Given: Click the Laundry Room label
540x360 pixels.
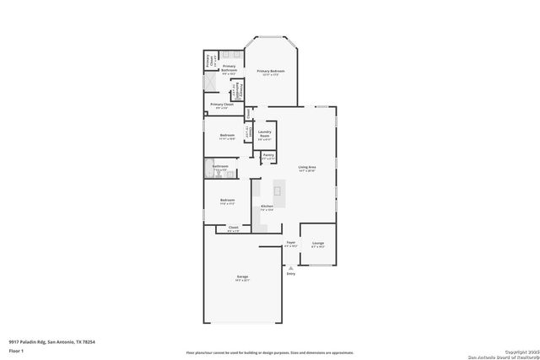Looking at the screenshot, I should [265, 133].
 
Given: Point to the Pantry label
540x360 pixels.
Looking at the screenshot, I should [267, 155].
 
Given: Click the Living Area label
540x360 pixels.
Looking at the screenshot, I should [307, 168].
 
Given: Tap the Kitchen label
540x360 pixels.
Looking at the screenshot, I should [267, 206].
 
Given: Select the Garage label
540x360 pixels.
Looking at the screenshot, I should [242, 277].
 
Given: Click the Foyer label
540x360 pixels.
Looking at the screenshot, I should [290, 242].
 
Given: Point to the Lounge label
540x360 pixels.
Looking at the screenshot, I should [317, 243].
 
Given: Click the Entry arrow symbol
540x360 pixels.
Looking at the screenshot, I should [291, 267].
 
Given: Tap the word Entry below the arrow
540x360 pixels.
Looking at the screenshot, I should [291, 274].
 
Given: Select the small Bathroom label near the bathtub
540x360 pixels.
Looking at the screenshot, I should [221, 167].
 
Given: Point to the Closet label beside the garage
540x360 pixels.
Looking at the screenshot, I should [234, 228].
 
